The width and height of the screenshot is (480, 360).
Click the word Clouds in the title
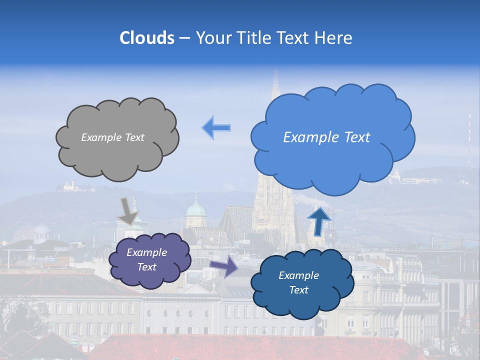(147, 38)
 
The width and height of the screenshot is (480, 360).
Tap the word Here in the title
(334, 38)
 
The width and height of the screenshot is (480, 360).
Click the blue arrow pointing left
(216, 128)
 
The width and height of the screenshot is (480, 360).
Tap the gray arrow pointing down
(128, 210)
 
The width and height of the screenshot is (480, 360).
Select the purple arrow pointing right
(224, 266)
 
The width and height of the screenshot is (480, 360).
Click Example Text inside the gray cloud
(112, 137)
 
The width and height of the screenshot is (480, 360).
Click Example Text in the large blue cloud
(326, 137)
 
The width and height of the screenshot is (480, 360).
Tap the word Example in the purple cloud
(146, 252)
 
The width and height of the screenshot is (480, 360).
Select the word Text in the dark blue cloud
(299, 290)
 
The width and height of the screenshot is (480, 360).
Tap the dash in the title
(184, 38)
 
